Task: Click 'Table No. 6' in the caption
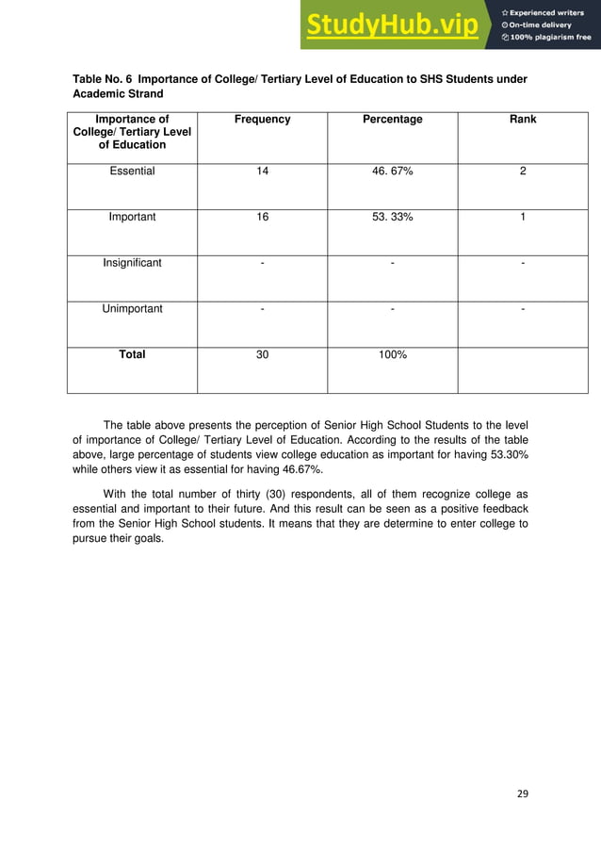103,78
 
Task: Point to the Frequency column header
262,120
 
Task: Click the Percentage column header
392,120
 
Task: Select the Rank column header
522,120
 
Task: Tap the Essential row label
132,172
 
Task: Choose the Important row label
132,217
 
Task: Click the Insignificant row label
132,263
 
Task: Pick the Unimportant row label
132,308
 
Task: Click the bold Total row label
132,355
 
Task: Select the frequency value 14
262,172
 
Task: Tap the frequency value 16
262,217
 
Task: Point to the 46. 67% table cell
392,172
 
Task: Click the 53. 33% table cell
392,217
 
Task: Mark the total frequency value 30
262,355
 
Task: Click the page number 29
523,793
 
